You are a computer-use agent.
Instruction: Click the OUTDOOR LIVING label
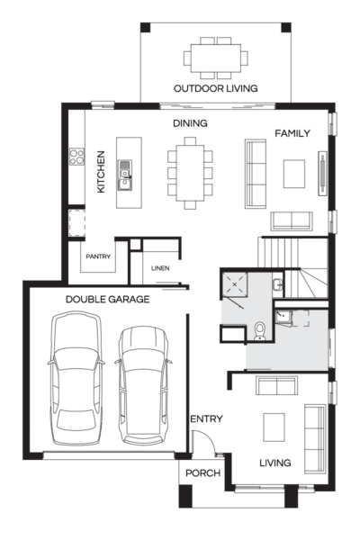(215, 88)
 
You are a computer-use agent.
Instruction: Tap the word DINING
(190, 123)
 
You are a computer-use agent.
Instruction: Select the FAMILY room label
(292, 133)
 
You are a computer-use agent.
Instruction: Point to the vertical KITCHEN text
(102, 171)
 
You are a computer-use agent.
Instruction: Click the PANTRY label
(98, 256)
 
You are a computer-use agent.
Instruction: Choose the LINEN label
(160, 267)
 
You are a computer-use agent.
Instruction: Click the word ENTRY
(206, 419)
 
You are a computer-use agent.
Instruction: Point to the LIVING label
(274, 463)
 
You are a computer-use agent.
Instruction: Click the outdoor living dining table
(216, 58)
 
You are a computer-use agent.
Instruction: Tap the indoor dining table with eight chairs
(190, 172)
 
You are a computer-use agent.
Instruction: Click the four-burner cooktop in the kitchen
(76, 160)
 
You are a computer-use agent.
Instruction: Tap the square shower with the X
(237, 286)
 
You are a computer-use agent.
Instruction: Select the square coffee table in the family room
(295, 173)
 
